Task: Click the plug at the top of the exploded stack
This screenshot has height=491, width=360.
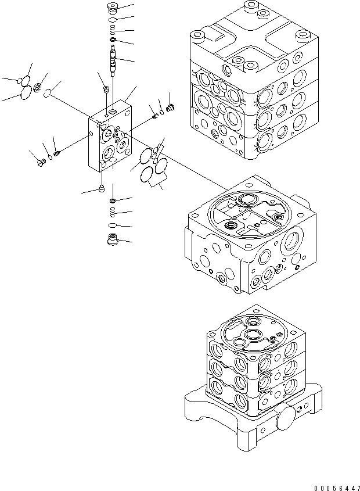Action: point(112,9)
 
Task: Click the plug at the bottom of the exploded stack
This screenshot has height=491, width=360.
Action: point(112,239)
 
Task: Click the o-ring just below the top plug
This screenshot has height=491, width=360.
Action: point(112,20)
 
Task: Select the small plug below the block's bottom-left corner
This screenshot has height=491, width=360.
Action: point(101,188)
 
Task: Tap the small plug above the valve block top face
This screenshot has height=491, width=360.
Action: point(106,89)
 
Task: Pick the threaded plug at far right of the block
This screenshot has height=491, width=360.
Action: point(171,107)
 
